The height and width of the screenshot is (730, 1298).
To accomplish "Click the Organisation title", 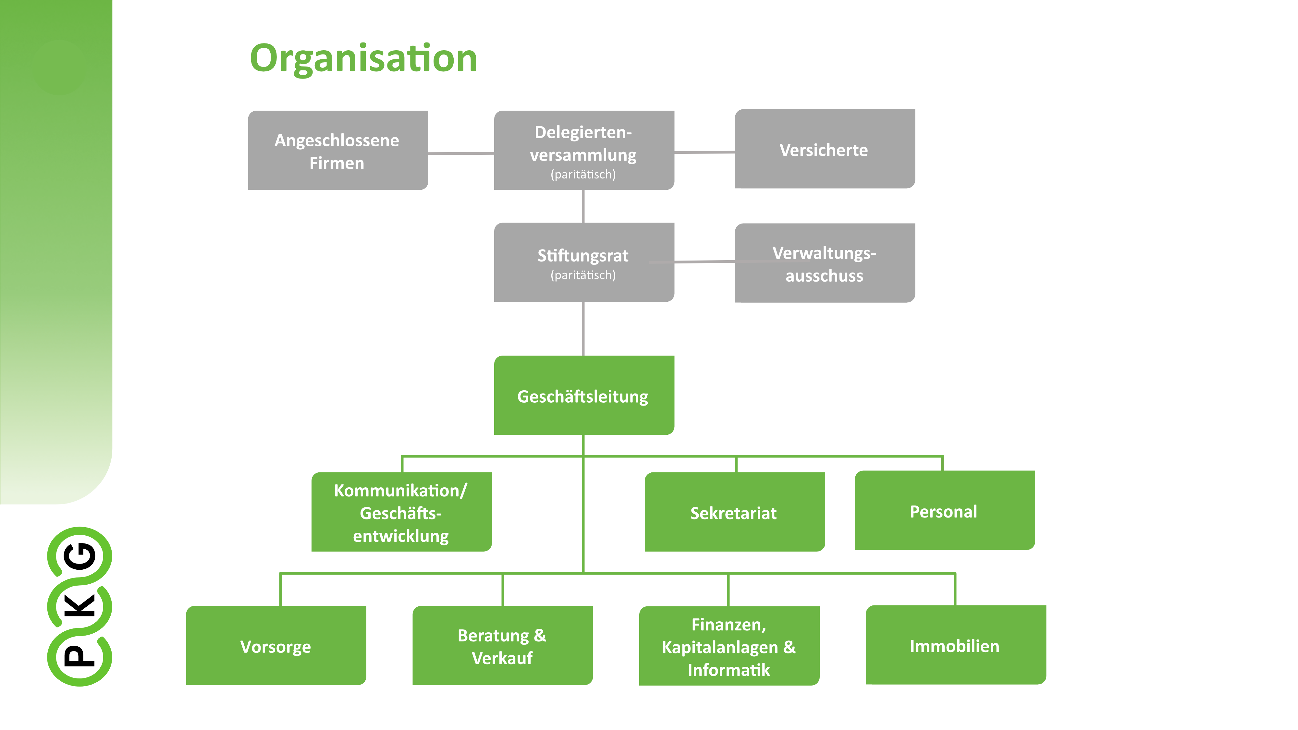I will [363, 58].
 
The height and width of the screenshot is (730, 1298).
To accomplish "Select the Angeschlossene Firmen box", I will [337, 151].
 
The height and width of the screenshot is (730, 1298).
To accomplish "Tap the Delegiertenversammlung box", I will [583, 150].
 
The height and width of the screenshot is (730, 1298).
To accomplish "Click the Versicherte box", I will [824, 149].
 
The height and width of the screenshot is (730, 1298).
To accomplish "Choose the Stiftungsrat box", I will [583, 262].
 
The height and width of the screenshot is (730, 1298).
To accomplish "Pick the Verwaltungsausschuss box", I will [824, 263].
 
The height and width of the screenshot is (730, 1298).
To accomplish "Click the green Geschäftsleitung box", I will [583, 395].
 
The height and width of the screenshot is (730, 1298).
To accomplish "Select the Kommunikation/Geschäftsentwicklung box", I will [401, 512].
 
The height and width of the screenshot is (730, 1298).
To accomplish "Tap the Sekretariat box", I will [734, 512].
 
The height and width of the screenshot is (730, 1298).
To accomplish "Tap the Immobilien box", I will [955, 645].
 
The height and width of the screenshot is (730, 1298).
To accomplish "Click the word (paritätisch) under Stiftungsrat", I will [583, 275].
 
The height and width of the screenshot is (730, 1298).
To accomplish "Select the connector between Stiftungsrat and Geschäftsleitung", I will [583, 328].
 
